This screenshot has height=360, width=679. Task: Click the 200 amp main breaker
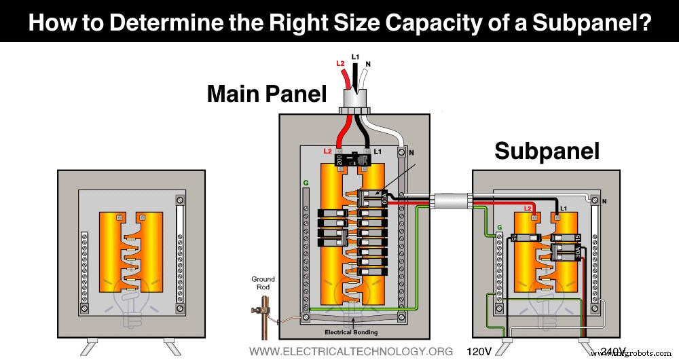click(x=354, y=160)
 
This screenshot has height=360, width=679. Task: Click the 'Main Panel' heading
click(x=267, y=94)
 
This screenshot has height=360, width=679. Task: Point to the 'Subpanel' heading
click(x=547, y=151)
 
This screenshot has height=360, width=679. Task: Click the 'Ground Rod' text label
click(x=263, y=283)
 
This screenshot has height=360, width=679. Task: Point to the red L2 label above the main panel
click(x=342, y=63)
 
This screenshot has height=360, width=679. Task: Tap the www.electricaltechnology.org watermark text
click(x=352, y=351)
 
